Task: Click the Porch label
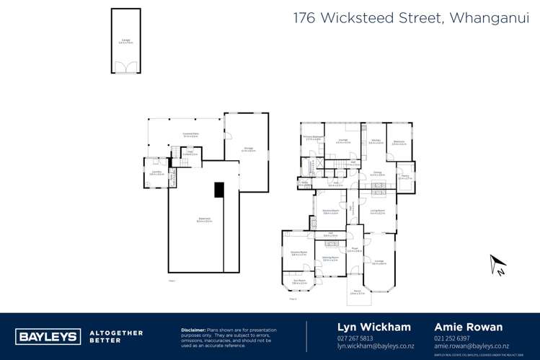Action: click(x=356, y=292)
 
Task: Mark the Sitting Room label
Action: click(x=330, y=258)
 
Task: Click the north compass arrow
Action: click(x=497, y=265)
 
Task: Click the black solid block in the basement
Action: click(x=219, y=189)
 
